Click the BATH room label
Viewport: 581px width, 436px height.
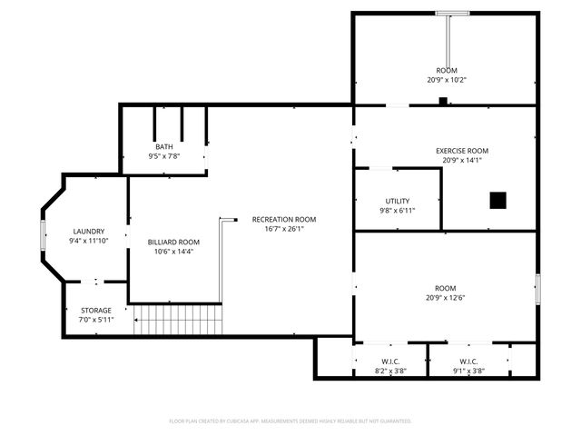coord(164,146)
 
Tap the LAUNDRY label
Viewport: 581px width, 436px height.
coord(89,231)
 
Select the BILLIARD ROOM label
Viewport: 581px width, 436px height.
coord(173,242)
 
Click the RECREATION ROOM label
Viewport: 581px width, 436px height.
coord(284,219)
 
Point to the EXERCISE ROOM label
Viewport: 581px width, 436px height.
coord(462,151)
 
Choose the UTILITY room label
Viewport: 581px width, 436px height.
coord(398,201)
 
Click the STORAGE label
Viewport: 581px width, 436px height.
coord(96,310)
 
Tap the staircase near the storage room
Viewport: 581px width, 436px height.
coord(178,320)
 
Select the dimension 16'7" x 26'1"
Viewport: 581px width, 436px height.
coord(284,229)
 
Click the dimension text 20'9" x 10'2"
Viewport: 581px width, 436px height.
coord(446,79)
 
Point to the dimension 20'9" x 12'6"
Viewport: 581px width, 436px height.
coord(446,297)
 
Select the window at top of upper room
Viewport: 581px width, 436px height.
coord(451,13)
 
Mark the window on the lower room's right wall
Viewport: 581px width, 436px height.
coord(537,288)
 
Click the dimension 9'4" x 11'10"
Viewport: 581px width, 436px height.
coord(89,241)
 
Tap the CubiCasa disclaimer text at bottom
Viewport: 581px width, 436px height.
coord(290,421)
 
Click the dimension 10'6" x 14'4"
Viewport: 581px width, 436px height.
coord(173,251)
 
